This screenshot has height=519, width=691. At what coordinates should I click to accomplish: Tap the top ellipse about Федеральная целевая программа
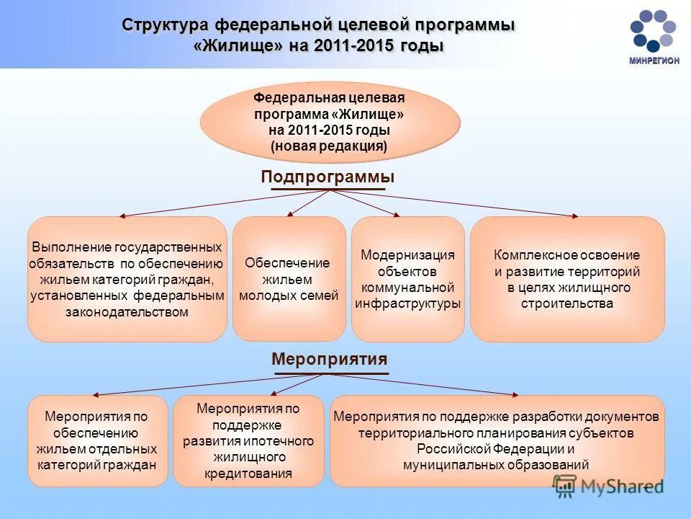pos(329,122)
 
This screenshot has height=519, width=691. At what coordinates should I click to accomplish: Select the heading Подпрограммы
pos(328,177)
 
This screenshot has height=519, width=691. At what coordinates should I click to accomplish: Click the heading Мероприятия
pos(329,359)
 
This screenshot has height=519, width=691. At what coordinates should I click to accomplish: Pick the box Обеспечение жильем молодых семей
pos(289,279)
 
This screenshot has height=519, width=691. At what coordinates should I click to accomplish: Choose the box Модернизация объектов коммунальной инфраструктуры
pos(407,279)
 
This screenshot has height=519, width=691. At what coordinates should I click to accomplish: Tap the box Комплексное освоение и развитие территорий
pos(567,279)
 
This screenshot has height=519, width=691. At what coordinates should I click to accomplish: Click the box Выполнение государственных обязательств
pos(127,279)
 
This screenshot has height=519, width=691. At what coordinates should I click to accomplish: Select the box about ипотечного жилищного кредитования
pos(248,440)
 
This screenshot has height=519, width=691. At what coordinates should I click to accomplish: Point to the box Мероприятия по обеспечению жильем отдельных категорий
pos(96,440)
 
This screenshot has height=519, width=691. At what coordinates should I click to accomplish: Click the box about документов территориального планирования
pos(497,440)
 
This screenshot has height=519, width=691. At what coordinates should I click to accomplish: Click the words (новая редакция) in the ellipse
pos(329,146)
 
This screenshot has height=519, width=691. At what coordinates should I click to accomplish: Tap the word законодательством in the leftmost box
pos(127,312)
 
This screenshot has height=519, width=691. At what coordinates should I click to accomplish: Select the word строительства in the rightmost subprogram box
pos(567,303)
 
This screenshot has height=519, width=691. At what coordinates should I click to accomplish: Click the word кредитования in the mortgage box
pos(248,474)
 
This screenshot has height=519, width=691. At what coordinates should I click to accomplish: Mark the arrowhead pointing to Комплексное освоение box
pos(574,215)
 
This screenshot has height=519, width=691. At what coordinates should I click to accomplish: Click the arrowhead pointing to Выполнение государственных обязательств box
pos(123,215)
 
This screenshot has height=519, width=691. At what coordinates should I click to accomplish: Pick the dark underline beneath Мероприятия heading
pos(330,373)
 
